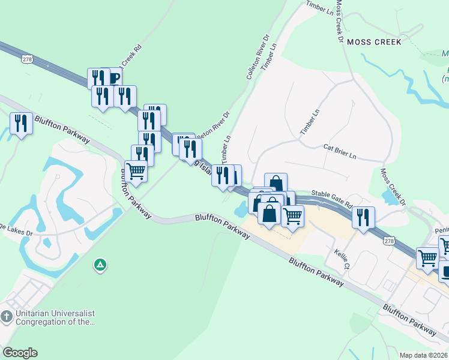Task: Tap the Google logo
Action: tap(19, 353)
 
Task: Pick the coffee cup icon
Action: tap(113, 77)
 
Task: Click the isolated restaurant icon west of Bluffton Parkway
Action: tap(21, 123)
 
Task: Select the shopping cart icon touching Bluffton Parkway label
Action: tap(136, 171)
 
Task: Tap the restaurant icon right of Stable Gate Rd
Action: tap(363, 217)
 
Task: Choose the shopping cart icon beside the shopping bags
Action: tap(292, 215)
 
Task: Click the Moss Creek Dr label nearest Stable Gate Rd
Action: tap(393, 187)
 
